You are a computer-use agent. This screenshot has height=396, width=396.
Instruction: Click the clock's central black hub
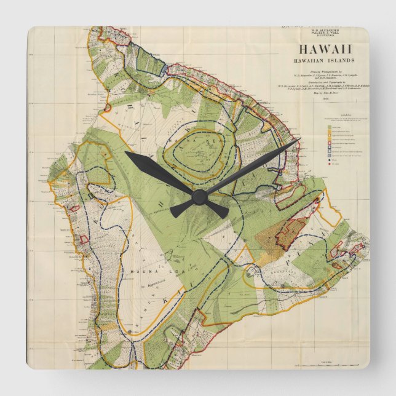199,197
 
